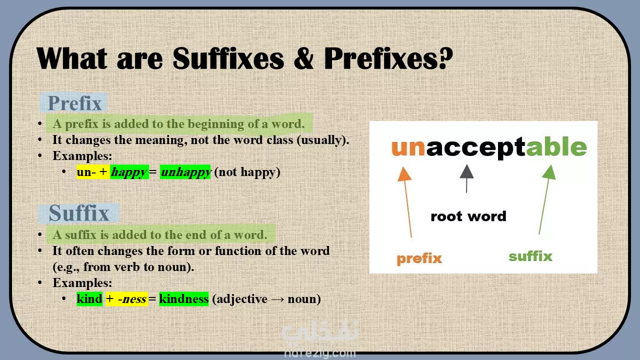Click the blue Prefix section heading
coord(74,102)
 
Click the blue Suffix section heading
coord(79,213)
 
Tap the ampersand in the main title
coord(303,58)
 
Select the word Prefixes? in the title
coord(388,58)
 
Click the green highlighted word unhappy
coord(185,172)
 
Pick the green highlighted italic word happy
coord(129,172)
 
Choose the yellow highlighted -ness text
coord(132,299)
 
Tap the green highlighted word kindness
coord(183,299)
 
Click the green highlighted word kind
coord(89,299)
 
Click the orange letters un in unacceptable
coord(408,147)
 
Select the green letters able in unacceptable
coord(556,146)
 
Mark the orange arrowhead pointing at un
coord(404,174)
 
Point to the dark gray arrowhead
coord(466,171)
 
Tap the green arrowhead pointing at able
coord(549,172)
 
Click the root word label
coord(468,216)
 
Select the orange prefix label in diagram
coord(419,258)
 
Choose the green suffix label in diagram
coord(530,256)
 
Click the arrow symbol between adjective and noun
coord(277,299)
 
